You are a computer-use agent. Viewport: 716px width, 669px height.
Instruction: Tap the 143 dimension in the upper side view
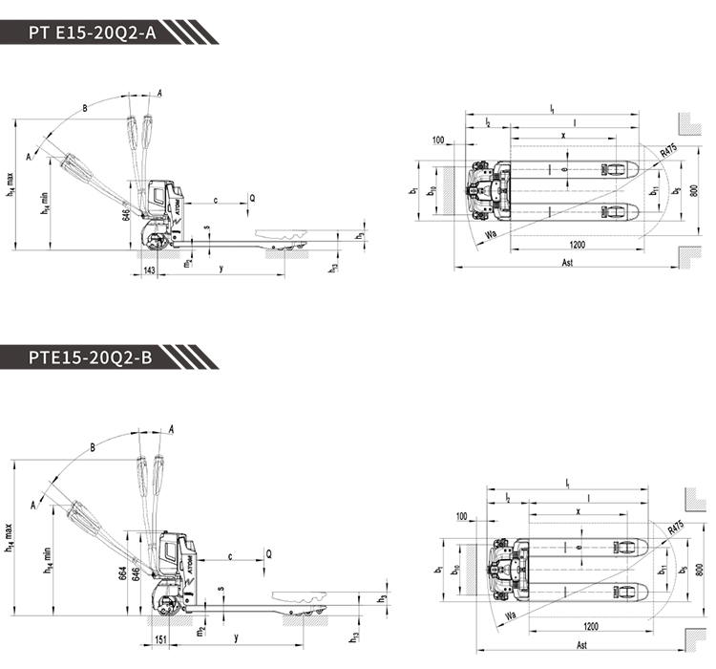149,270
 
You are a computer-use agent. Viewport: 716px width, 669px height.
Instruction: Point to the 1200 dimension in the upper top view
573,245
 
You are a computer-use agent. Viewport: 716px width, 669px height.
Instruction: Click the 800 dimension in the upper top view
695,190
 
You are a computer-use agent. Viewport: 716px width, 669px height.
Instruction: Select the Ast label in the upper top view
568,262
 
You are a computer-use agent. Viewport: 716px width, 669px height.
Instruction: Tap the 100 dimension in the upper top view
438,140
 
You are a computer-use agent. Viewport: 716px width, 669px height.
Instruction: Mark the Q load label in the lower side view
268,552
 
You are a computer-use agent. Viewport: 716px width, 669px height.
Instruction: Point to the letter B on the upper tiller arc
85,109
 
